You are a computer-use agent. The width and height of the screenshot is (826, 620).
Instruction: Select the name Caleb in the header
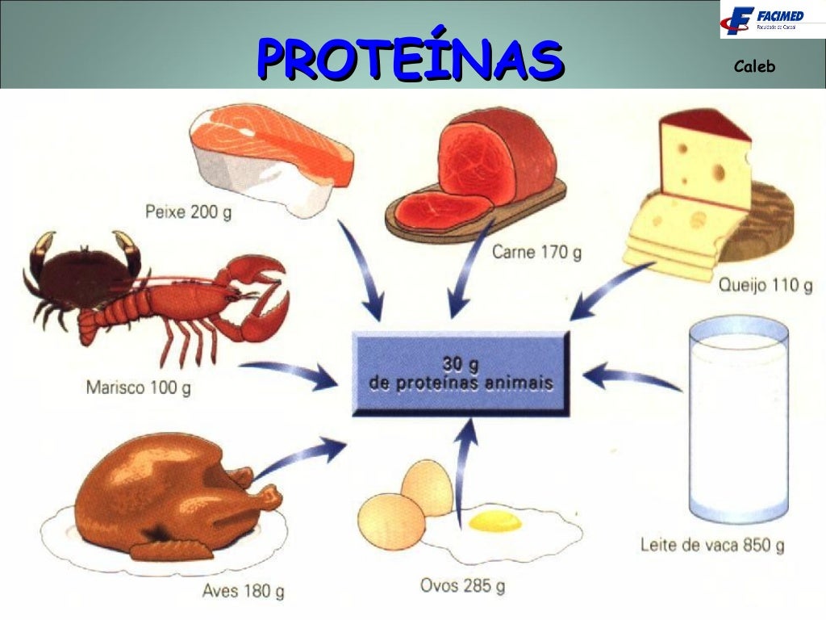point(754,67)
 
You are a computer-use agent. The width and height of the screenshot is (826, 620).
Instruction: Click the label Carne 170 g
point(536,253)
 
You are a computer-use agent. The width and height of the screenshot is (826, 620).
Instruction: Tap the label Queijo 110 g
point(764,284)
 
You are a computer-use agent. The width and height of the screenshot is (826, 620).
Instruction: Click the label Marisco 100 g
point(139,387)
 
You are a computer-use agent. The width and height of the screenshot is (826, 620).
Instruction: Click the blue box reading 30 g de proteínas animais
point(461,372)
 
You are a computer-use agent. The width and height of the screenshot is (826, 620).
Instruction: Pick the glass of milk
point(737,420)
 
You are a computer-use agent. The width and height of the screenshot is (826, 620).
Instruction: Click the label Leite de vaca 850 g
point(711,546)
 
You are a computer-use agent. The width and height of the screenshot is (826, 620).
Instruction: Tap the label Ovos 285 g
point(462,584)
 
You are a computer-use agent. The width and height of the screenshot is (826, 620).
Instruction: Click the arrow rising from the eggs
point(464,468)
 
